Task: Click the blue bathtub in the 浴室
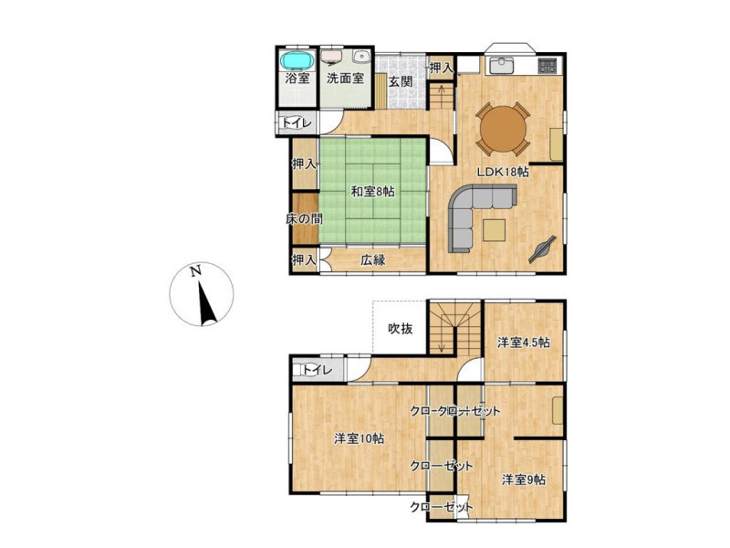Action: click(297, 60)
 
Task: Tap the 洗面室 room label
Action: click(345, 79)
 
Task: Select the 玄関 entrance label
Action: click(400, 81)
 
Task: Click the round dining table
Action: click(504, 129)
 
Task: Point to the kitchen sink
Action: click(500, 65)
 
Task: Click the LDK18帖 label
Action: click(503, 172)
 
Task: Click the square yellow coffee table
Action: click(494, 230)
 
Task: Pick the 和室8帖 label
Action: click(372, 191)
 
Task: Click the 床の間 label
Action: click(304, 218)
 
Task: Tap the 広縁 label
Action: click(373, 260)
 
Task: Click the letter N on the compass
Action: click(195, 270)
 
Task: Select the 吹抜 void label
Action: click(400, 329)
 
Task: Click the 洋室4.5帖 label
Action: click(523, 343)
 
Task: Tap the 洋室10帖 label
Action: click(359, 438)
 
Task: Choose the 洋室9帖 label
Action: click(524, 479)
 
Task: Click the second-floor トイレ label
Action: click(318, 370)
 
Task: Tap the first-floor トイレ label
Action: click(297, 123)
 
